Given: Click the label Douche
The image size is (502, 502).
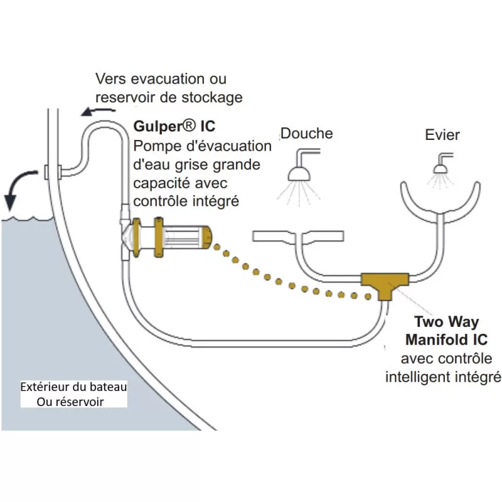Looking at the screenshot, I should coord(306,133).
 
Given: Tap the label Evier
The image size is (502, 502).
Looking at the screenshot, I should coord(442,135).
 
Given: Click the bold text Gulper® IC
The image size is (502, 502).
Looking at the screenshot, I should coord(174,126).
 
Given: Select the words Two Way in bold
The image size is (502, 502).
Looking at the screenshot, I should coord(446,323).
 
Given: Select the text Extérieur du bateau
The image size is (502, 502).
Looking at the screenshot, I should coord(73,387).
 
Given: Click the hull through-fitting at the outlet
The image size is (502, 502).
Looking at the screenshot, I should coord(53,170).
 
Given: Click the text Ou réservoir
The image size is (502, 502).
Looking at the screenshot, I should coord(70,402).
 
